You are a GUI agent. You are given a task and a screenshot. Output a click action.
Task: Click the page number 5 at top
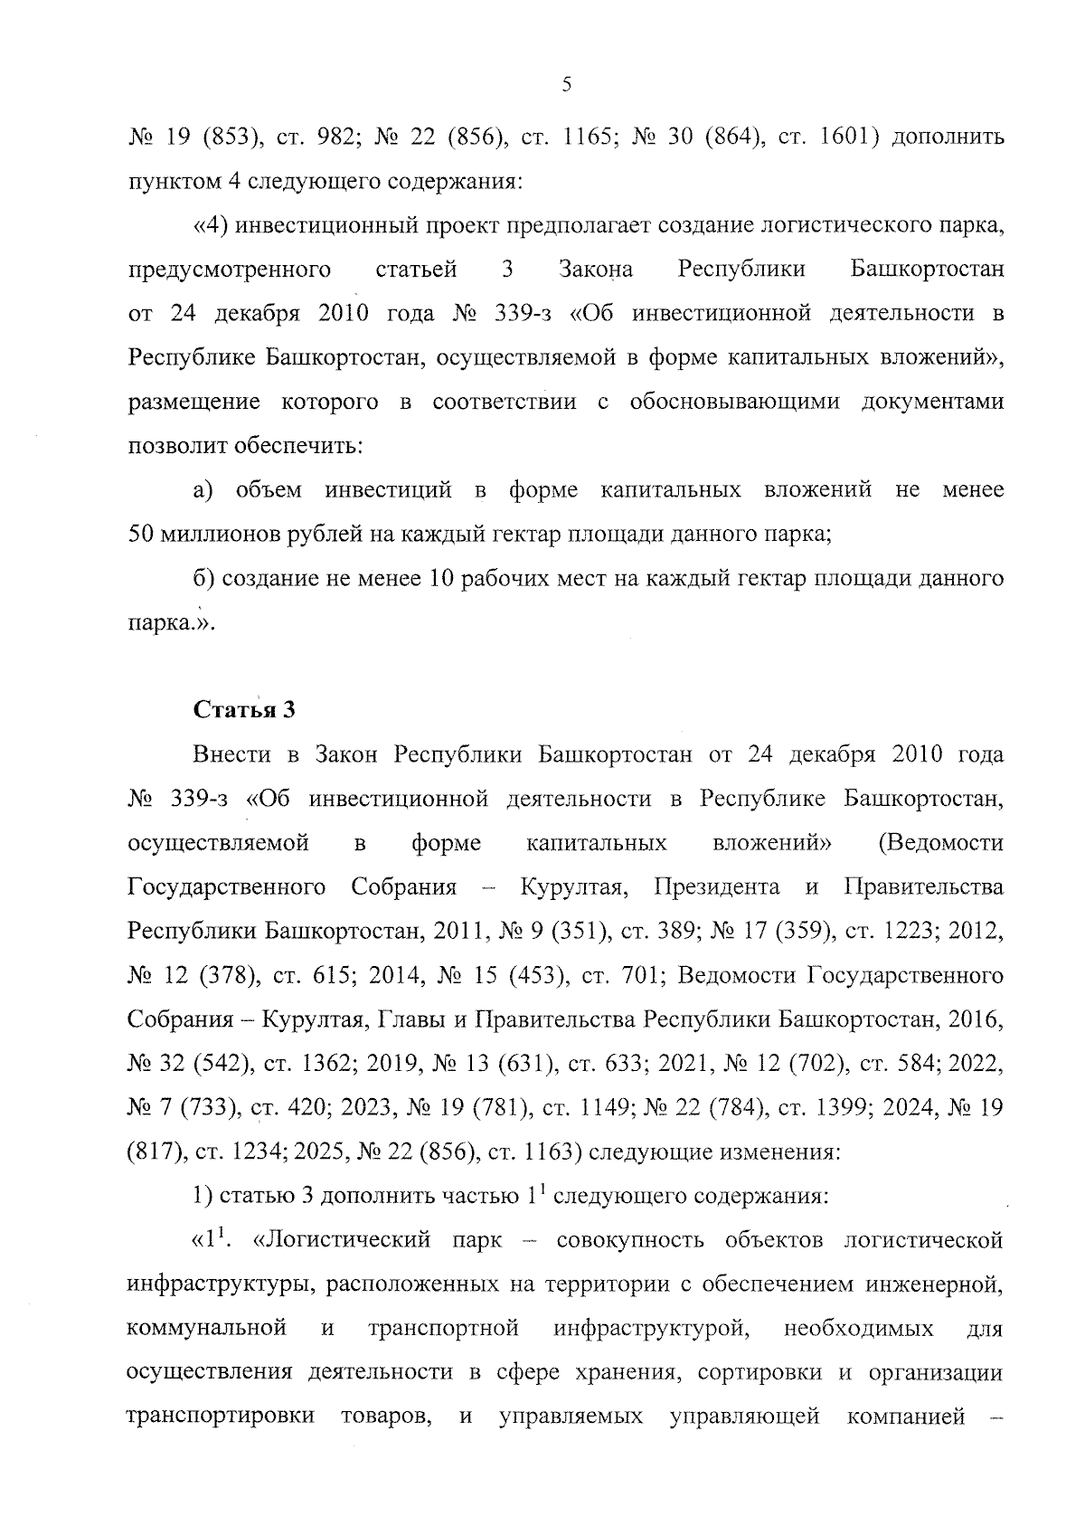[x=567, y=85]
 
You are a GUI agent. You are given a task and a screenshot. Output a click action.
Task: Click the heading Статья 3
[x=244, y=709]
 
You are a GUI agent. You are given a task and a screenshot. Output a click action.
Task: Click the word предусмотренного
[x=229, y=270]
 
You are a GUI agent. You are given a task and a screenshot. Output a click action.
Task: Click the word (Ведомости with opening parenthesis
[x=940, y=843]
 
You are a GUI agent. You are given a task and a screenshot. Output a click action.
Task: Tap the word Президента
[x=716, y=886]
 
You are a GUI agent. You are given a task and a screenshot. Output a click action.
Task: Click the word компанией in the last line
[x=906, y=1417]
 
